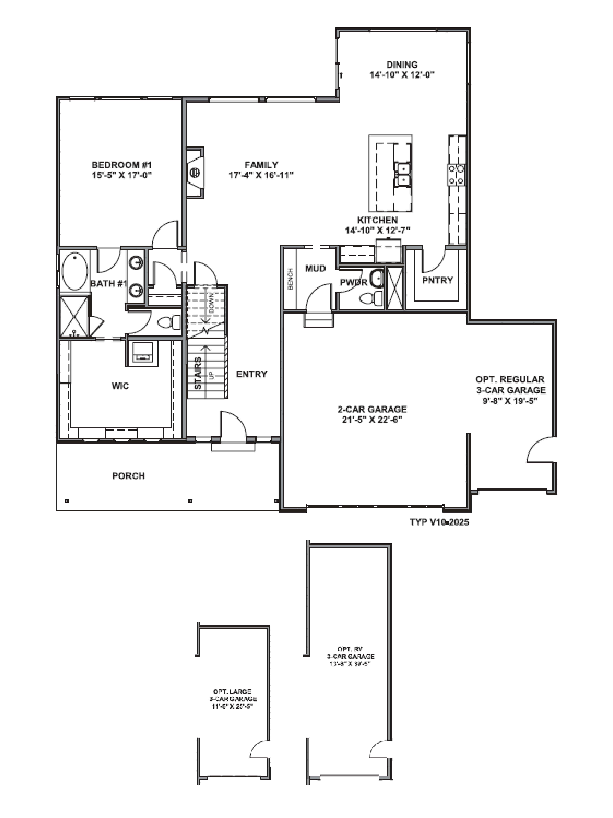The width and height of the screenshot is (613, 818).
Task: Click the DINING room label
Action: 402,64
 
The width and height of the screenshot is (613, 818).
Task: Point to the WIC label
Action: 120,386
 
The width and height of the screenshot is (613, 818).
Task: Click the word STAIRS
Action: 198,373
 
